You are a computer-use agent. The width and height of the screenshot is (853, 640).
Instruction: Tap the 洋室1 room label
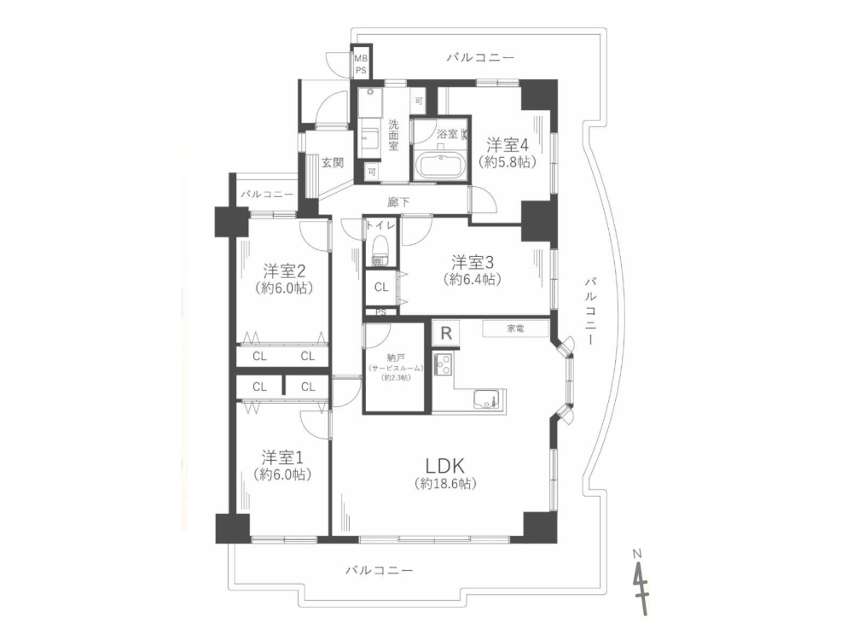[281, 456]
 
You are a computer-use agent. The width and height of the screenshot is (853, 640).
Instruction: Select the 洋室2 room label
[283, 271]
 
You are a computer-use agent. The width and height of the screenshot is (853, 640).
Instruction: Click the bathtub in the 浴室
[439, 164]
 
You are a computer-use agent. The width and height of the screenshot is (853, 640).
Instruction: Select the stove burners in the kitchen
[444, 364]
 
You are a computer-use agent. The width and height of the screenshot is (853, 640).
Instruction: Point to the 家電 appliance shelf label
[515, 329]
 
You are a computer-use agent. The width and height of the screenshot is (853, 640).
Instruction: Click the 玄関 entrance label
[332, 163]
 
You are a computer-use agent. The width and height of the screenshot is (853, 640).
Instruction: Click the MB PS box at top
[362, 64]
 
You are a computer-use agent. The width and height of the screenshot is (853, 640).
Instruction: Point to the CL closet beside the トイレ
[380, 288]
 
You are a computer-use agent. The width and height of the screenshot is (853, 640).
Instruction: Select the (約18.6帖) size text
[444, 484]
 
